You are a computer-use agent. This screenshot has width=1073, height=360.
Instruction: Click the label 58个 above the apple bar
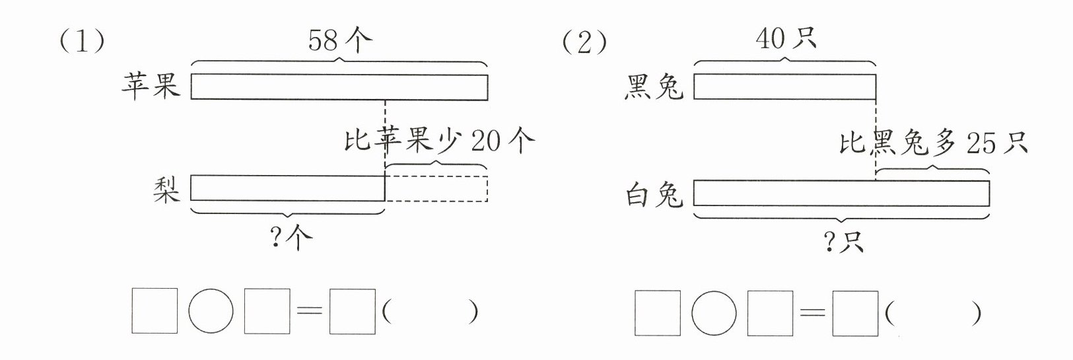click(x=339, y=41)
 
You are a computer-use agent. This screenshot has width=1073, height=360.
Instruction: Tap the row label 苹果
click(x=151, y=87)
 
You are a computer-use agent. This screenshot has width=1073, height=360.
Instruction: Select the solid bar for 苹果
click(x=339, y=87)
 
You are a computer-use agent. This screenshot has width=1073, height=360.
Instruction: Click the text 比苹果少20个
click(x=439, y=141)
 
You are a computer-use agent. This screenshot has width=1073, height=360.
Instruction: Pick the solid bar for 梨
click(x=288, y=188)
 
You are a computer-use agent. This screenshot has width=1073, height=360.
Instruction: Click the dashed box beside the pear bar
click(x=436, y=188)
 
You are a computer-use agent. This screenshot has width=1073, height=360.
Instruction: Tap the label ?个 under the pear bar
click(x=291, y=238)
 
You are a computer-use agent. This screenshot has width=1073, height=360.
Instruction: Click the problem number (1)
click(x=82, y=43)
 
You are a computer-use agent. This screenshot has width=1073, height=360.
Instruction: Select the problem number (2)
click(x=584, y=43)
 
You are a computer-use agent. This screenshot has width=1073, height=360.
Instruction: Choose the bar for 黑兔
click(x=784, y=87)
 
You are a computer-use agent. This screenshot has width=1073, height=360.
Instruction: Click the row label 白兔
click(x=653, y=195)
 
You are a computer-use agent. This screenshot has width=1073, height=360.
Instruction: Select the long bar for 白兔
click(x=841, y=194)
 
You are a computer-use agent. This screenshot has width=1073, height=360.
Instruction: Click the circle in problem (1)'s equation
click(x=211, y=311)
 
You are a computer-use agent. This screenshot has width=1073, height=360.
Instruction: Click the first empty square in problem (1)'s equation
click(x=155, y=311)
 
